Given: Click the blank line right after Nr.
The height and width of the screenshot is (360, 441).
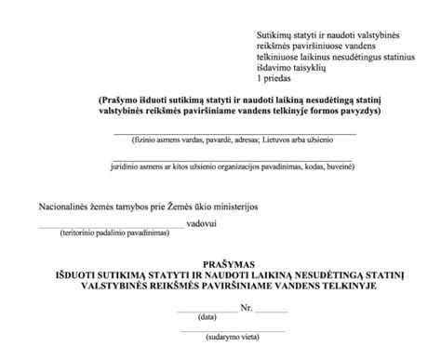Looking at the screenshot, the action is pos(272,310).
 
